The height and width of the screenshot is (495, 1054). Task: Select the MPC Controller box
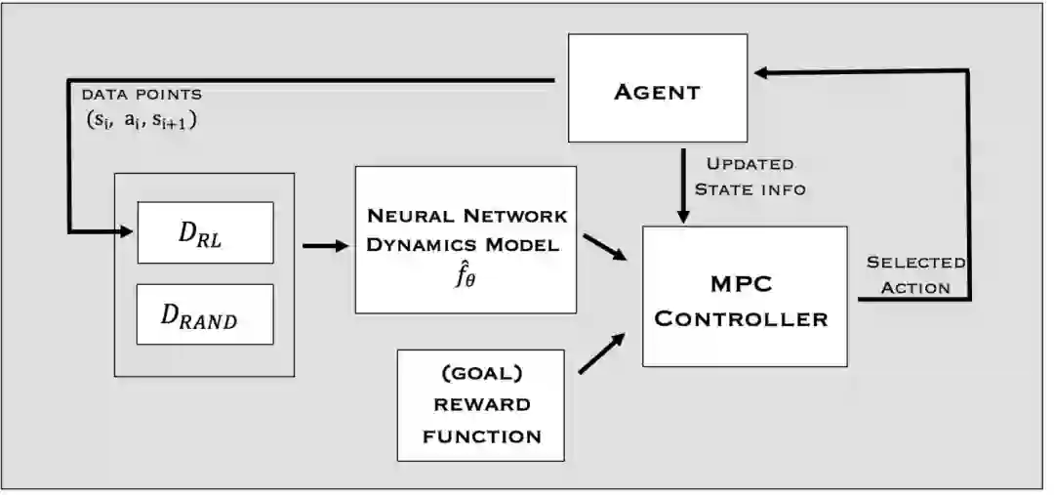click(x=744, y=296)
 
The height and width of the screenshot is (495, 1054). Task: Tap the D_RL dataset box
click(x=205, y=232)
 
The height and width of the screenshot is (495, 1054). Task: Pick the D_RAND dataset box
click(x=205, y=314)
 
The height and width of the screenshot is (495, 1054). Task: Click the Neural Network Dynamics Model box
click(x=466, y=239)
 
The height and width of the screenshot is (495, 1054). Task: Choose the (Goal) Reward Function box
click(x=481, y=404)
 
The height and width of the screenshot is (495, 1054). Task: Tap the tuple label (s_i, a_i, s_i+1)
click(x=142, y=121)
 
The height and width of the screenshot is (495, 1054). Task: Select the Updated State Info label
click(x=750, y=176)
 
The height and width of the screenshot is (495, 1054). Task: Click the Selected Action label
click(x=915, y=274)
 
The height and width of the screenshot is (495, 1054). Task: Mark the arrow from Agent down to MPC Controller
click(x=682, y=182)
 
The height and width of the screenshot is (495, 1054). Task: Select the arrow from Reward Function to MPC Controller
click(x=602, y=354)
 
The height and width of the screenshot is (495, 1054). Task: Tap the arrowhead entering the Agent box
click(x=763, y=72)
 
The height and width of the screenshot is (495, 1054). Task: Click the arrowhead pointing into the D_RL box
click(x=127, y=231)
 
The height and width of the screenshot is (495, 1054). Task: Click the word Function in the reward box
click(x=481, y=435)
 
